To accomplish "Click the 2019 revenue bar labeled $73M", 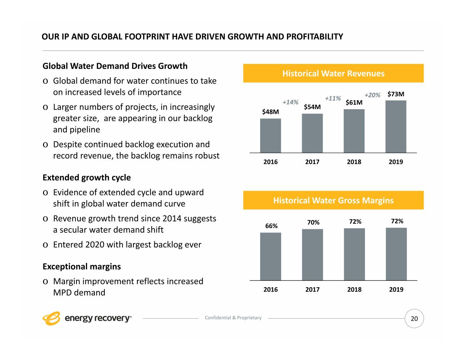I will (396, 127).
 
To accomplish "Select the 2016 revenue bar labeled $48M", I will (270, 136).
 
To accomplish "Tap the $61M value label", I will (354, 102).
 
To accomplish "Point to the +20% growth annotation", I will (372, 95).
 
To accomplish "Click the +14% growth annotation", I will (291, 102).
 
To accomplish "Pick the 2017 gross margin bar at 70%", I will (312, 255).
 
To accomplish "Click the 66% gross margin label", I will (271, 226).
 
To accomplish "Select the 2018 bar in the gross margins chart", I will (354, 255).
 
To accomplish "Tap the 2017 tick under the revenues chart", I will (312, 162).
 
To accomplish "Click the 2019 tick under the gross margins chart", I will (396, 289).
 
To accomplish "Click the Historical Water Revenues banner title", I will (333, 73).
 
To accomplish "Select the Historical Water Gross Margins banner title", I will (333, 200).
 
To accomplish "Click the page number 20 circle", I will (414, 319).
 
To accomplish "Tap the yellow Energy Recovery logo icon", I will (51, 318).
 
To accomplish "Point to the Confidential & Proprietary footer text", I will (233, 318).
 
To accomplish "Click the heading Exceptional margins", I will (82, 267).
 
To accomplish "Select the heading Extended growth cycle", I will (87, 177).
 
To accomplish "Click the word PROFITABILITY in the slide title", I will (315, 37).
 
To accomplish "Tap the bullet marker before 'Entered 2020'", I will (45, 245).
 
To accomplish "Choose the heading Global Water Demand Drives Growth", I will (115, 66).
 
